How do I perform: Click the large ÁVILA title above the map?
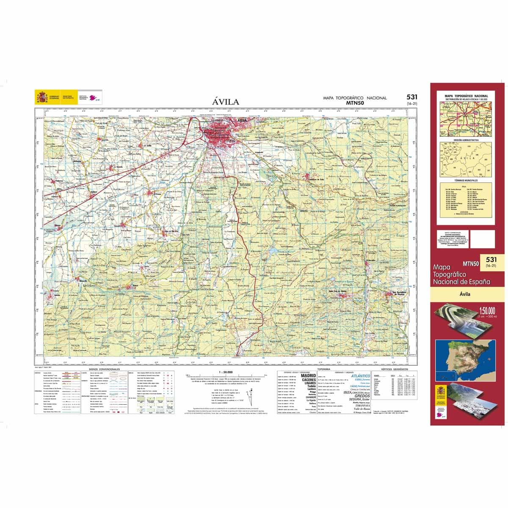point(226,102)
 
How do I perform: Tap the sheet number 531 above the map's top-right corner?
point(411,97)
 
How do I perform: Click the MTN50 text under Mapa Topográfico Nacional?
point(355,102)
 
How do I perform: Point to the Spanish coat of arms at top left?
point(41,97)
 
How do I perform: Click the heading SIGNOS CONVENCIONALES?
point(102,369)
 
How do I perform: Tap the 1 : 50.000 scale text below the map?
point(226,372)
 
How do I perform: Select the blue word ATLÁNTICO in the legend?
point(361,376)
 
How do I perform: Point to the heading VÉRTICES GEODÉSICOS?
point(392,369)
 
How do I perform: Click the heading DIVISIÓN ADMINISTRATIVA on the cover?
point(466,140)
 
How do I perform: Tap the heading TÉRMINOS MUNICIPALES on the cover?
point(466,180)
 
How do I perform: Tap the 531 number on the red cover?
point(491,260)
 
